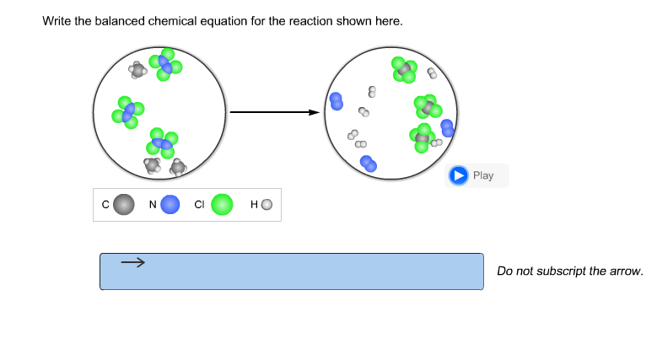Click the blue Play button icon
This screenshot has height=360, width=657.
coord(458,175)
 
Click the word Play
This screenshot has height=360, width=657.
coord(483,175)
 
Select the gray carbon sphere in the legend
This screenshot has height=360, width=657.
coord(124,204)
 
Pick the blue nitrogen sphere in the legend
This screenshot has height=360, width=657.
coord(170,204)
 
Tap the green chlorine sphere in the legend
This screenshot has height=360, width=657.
coord(222,204)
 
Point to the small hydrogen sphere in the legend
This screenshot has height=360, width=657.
coord(267,204)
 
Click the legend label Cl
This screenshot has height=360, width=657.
coord(199,204)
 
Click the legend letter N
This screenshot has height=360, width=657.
coord(153,204)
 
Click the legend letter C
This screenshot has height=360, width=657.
coord(105,204)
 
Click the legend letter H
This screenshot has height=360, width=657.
coord(254,204)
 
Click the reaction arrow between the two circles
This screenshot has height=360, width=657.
coord(275,112)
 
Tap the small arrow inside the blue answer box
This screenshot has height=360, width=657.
coord(132,263)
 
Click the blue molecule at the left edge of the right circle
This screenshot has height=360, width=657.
coord(337,101)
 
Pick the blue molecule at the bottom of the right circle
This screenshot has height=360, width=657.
coord(369,164)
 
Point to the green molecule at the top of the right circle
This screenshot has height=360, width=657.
coord(404,70)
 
